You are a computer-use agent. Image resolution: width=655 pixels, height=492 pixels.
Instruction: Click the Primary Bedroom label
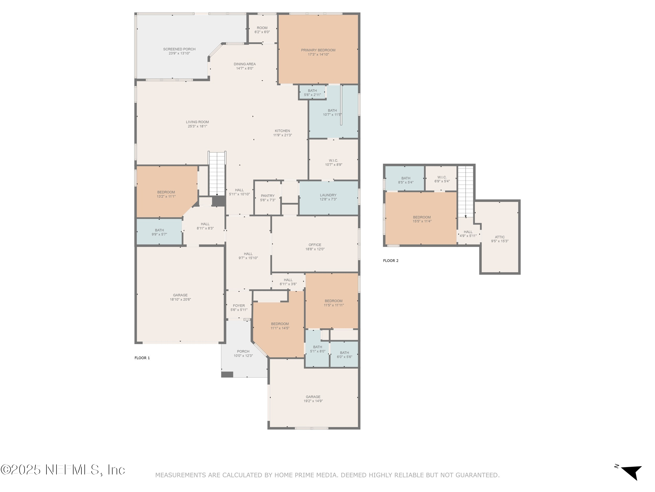tap(318, 50)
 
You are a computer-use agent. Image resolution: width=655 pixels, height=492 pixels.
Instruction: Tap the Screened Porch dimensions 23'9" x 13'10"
tap(179, 53)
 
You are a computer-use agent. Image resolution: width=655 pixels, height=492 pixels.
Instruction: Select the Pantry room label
tap(268, 196)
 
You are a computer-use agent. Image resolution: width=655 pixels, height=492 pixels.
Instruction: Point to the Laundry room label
tap(328, 195)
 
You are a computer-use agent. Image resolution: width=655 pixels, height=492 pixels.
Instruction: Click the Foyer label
tap(239, 305)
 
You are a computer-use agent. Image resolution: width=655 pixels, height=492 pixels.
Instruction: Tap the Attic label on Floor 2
tap(500, 237)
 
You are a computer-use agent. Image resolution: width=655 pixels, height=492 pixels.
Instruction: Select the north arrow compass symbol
tap(631, 472)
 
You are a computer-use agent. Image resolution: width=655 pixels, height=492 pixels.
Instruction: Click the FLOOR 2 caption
tap(391, 261)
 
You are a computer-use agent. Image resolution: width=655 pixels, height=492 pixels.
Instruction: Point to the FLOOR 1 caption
tap(142, 358)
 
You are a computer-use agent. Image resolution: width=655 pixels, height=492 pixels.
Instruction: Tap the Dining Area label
tap(245, 64)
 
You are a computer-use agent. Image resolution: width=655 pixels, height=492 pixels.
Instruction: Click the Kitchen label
tap(282, 131)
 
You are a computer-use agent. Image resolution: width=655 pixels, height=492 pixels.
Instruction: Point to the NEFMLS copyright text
tap(63, 470)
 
